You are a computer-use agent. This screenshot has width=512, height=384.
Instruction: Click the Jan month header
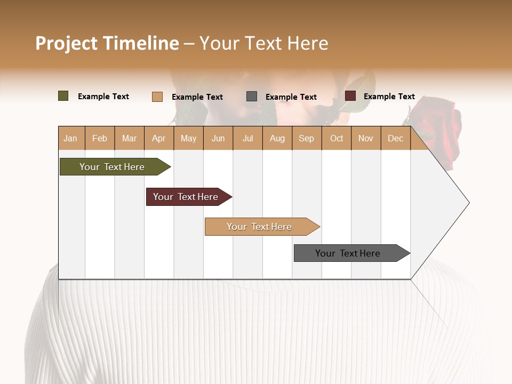71,138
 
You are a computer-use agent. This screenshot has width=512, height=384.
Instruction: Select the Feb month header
100,138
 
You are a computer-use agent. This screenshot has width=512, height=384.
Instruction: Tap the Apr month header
159,138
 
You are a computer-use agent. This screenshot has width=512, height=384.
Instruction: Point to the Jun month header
218,138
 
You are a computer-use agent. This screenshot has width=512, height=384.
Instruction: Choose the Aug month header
277,138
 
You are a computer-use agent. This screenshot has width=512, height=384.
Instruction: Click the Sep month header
307,138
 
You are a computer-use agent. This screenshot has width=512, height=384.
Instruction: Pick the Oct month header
337,138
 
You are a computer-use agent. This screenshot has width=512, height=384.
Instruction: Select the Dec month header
396,138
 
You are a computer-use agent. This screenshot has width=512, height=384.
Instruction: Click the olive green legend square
63,96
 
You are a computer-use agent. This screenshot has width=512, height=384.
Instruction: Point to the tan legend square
157,97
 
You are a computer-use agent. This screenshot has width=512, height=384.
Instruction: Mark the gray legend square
252,97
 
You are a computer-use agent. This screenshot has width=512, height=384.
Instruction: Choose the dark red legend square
350,96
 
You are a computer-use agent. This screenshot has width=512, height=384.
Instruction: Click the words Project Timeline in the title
107,43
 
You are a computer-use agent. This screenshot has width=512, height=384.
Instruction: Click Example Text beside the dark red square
389,97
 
